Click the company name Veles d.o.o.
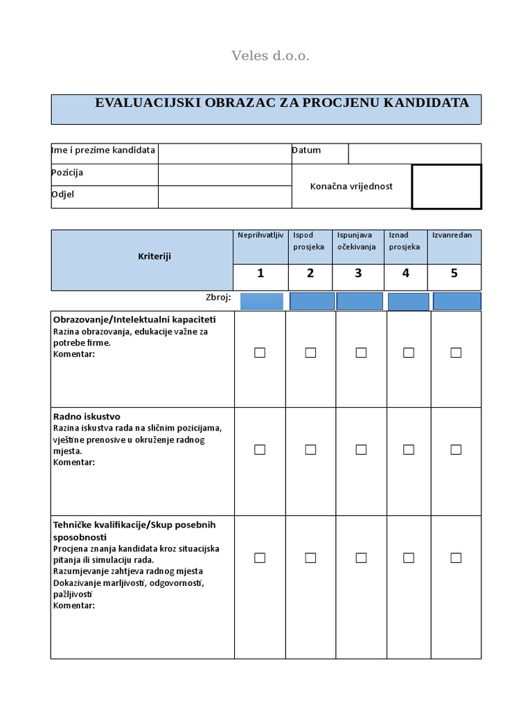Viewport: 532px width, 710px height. (270, 56)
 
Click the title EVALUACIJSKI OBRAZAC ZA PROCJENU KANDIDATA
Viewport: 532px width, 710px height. (281, 103)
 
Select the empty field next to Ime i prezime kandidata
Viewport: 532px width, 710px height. (224, 153)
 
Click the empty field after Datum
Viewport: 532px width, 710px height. (414, 153)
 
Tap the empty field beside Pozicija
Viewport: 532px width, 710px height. (224, 175)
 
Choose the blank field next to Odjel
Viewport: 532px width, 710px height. (224, 197)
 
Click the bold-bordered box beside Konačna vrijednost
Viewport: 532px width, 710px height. (446, 187)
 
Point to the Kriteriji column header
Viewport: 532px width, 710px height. (154, 257)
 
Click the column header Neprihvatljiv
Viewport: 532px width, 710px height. (260, 235)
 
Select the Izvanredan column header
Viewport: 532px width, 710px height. (452, 235)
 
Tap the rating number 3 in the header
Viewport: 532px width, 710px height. (358, 273)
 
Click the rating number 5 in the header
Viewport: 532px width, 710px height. (454, 273)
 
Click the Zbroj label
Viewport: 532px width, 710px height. (218, 297)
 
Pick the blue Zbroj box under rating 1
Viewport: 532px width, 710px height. (261, 301)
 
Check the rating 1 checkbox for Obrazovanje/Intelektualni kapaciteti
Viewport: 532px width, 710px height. (260, 353)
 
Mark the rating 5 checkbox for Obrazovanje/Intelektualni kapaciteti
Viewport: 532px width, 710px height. (456, 353)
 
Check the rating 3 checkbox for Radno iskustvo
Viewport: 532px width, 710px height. (361, 449)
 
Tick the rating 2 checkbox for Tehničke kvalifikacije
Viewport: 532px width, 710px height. (310, 557)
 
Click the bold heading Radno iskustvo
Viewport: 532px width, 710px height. (87, 417)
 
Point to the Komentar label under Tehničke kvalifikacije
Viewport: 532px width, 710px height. (74, 605)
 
